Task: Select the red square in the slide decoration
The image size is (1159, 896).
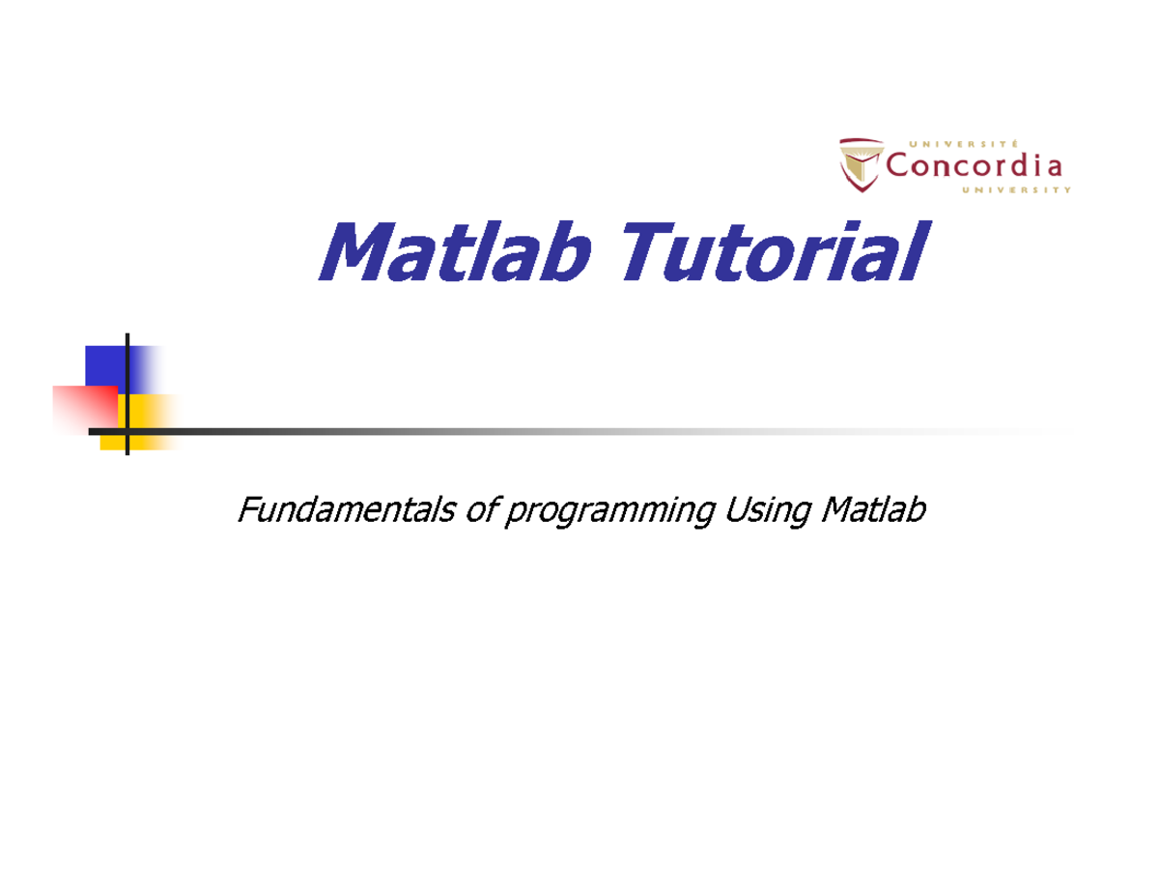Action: tap(84, 408)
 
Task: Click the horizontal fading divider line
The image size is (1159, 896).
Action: tap(579, 431)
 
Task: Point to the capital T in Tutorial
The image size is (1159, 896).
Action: tap(653, 251)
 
